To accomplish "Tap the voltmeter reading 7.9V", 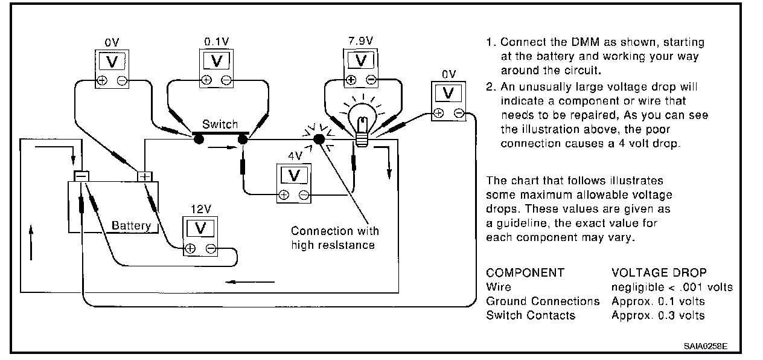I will point(362,66).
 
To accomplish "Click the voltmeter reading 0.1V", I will point(216,66).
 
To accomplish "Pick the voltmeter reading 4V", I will point(294,181).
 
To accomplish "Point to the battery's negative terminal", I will point(81,176).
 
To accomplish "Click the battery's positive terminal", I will point(145,176).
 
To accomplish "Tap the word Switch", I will point(220,124).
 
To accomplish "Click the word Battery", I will point(131,226).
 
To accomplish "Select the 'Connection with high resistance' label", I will point(334,238).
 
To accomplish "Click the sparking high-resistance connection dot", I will point(319,140).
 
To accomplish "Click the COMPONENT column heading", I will point(525,272).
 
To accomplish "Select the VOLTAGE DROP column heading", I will point(659,272).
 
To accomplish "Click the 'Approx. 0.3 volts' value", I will point(658,315).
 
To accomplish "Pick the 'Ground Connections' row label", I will point(543,301).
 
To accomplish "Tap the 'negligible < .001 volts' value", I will point(672,287).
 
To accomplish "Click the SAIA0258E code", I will point(706,346).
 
